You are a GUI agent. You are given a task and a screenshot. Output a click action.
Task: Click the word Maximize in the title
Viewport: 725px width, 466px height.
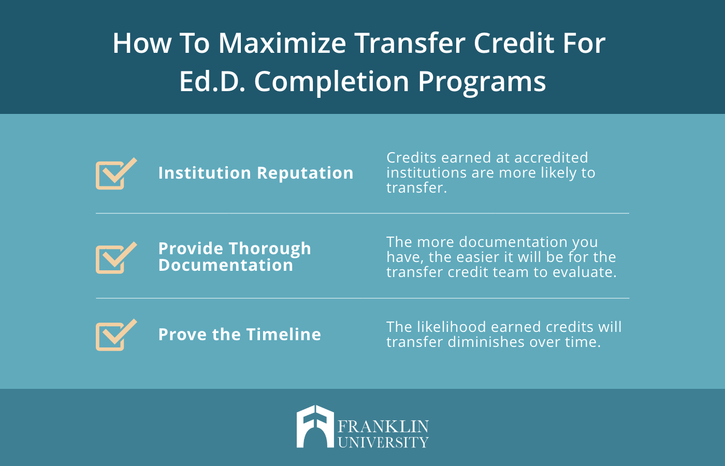tap(282, 43)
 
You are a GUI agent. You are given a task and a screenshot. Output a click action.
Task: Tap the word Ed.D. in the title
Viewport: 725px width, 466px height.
tap(212, 81)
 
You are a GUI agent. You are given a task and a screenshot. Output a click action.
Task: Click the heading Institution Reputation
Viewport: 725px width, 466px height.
tap(256, 173)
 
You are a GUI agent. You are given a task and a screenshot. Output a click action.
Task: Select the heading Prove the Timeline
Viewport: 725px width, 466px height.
tap(239, 334)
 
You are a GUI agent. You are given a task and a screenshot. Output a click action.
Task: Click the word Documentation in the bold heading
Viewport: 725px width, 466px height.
tap(226, 265)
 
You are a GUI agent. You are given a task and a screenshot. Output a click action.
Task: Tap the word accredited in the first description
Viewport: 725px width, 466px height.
tap(551, 157)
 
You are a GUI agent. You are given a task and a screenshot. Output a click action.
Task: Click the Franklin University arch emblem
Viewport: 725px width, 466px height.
tap(315, 427)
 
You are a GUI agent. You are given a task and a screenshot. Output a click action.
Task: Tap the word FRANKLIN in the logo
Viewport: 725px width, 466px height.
tap(383, 427)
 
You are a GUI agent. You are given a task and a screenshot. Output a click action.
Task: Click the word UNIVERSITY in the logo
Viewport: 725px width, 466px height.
tap(383, 442)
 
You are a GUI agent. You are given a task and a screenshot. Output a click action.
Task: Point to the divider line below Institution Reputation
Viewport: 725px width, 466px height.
tap(363, 213)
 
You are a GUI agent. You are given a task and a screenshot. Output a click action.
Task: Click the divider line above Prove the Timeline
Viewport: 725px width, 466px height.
tap(363, 298)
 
